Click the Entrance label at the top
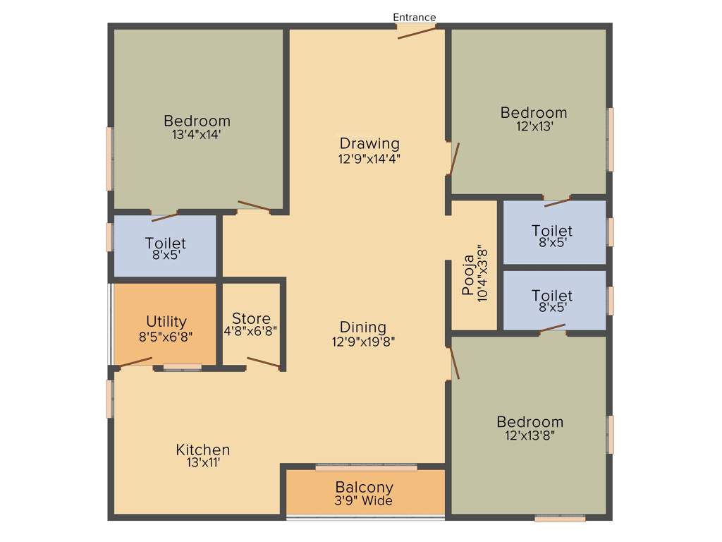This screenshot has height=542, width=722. click(415, 17)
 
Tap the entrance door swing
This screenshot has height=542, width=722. click(417, 32)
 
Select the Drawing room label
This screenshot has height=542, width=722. click(369, 144)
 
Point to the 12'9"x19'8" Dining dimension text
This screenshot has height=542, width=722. click(363, 342)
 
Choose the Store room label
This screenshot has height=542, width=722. click(251, 318)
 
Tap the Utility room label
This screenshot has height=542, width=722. click(166, 322)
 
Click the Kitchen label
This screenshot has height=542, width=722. click(203, 450)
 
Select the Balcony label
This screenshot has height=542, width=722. click(364, 487)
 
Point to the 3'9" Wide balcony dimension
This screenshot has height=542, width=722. click(364, 501)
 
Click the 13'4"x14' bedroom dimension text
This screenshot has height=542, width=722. click(197, 134)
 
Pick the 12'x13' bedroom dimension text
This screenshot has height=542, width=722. click(534, 127)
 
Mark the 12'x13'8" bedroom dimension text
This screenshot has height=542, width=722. click(530, 435)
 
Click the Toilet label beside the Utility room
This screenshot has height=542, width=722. click(166, 243)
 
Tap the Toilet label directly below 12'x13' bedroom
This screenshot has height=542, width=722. click(552, 231)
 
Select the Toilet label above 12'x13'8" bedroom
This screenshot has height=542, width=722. click(552, 296)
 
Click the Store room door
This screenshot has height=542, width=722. click(264, 363)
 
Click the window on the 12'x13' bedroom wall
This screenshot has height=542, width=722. click(611, 140)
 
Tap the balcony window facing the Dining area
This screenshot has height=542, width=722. click(366, 467)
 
